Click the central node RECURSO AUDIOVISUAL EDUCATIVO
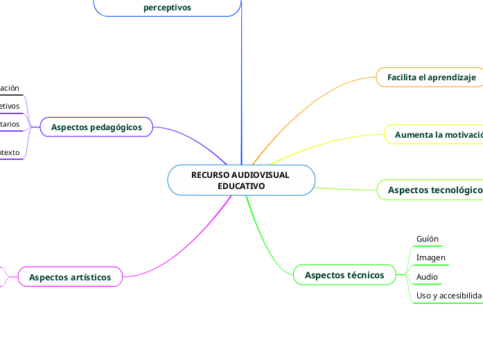(240, 180)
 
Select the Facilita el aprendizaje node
(431, 77)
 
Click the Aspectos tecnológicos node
(432, 190)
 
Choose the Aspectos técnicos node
(344, 275)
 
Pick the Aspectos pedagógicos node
(96, 127)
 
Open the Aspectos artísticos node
(70, 277)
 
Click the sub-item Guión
(428, 239)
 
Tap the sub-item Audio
(427, 277)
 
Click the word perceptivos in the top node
(167, 8)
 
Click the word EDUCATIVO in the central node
(240, 186)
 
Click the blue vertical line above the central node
(241, 83)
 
